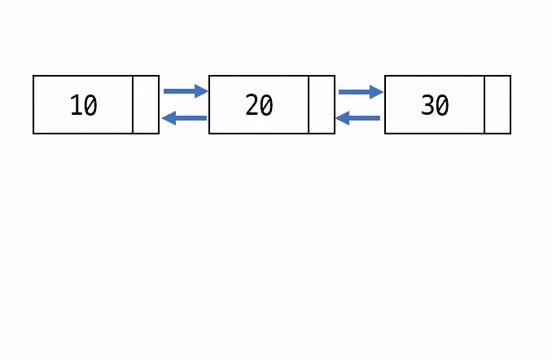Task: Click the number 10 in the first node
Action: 83,105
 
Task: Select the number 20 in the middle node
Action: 259,105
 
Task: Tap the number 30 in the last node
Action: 434,105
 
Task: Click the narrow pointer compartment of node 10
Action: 146,104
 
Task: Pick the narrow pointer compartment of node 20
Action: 322,104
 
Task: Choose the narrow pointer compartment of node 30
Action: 497,104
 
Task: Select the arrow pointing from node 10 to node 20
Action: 184,91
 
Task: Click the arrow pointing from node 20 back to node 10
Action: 184,119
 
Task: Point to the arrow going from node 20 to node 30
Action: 360,91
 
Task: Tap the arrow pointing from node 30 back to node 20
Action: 359,119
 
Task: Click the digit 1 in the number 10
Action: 76,105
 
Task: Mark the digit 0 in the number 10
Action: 90,105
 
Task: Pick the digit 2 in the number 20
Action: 252,105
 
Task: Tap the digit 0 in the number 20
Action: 266,105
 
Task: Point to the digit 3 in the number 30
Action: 427,105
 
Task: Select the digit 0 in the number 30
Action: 441,105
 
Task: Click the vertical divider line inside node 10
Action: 133,104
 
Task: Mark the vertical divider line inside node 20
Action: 309,104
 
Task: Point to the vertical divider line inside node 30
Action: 484,104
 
